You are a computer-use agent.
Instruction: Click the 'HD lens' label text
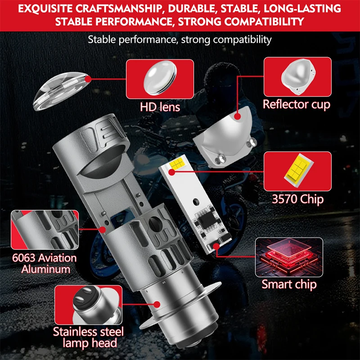(160, 107)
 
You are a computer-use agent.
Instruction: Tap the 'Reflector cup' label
(297, 104)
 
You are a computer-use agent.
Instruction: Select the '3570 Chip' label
(297, 199)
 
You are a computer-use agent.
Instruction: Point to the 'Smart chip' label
(289, 285)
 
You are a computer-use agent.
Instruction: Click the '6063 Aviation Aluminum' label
(45, 264)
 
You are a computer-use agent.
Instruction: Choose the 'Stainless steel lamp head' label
(88, 337)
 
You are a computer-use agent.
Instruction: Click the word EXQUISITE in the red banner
(45, 9)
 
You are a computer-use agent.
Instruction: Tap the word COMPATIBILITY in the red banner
(264, 22)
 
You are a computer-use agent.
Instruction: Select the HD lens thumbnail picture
(160, 79)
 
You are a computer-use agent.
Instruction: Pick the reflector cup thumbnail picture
(297, 76)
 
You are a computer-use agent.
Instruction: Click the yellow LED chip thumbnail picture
(297, 171)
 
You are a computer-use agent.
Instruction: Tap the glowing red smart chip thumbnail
(289, 257)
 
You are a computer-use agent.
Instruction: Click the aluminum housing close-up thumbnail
(45, 230)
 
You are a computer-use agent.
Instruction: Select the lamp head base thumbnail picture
(88, 305)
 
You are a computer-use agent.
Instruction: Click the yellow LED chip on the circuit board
(176, 164)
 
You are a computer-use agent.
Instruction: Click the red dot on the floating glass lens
(88, 79)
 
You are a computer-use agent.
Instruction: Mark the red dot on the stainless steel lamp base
(157, 305)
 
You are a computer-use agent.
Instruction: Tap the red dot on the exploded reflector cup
(238, 117)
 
